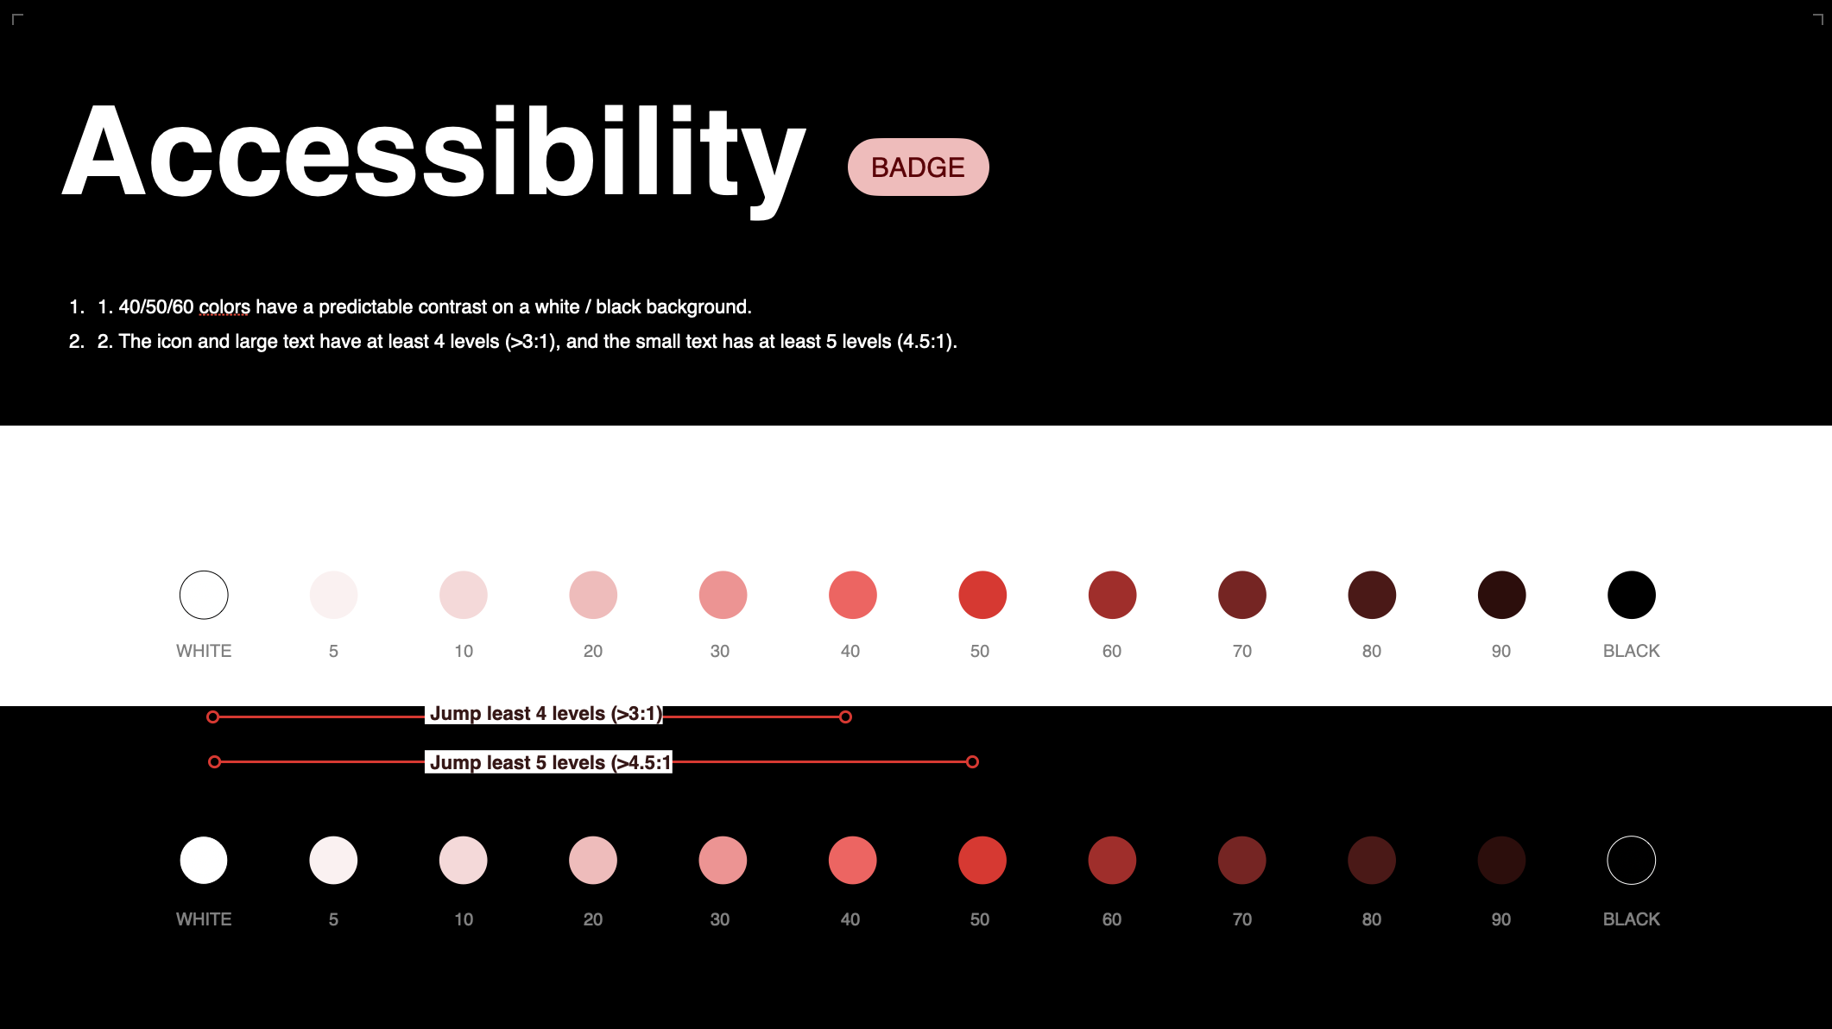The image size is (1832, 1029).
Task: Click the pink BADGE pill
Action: pyautogui.click(x=918, y=167)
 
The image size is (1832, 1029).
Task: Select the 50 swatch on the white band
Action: pyautogui.click(x=982, y=595)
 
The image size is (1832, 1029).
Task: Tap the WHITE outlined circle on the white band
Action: pyautogui.click(x=204, y=571)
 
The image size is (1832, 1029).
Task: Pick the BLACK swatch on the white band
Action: pyautogui.click(x=1632, y=595)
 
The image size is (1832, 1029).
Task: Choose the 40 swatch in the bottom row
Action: pyautogui.click(x=853, y=860)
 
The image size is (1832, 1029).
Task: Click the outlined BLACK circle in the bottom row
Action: pyautogui.click(x=1632, y=836)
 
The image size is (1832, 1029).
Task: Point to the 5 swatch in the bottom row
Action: pyautogui.click(x=333, y=860)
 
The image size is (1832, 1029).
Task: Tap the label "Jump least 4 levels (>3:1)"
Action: pyautogui.click(x=546, y=714)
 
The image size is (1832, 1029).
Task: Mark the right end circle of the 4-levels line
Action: pyautogui.click(x=846, y=717)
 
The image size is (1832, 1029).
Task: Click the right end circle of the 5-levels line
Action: pyautogui.click(x=973, y=761)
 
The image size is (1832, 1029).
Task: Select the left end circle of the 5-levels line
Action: pyautogui.click(x=215, y=761)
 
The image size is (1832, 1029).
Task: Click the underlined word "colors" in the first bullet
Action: pyautogui.click(x=224, y=307)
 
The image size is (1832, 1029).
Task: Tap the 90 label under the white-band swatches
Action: pyautogui.click(x=1501, y=651)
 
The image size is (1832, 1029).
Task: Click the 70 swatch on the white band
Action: pyautogui.click(x=1242, y=595)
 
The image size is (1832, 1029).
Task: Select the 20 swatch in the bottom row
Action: pyautogui.click(x=593, y=860)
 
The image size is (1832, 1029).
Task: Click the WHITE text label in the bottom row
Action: pyautogui.click(x=204, y=919)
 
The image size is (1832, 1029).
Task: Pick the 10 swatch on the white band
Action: pyautogui.click(x=464, y=595)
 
